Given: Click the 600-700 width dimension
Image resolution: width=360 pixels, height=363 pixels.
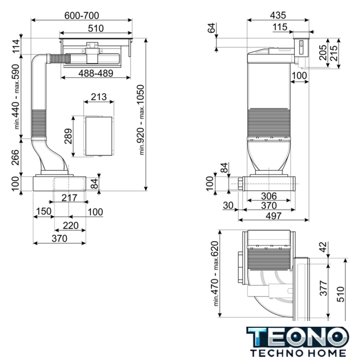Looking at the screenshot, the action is coord(82,15).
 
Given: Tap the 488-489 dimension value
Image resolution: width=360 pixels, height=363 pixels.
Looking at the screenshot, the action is coord(96,73).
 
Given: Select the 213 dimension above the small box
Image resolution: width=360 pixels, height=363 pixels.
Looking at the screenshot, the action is coord(99,97).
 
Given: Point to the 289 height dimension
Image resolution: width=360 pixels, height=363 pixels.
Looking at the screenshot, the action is coord(69,136).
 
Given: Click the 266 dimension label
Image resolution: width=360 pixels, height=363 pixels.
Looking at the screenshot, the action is coord(15,157).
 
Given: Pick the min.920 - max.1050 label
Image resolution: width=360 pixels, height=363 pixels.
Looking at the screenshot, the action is coord(141,120).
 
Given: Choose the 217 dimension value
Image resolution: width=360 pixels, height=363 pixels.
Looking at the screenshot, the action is coord(69,198).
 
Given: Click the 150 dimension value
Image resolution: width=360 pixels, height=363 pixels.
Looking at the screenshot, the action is coord(44,212).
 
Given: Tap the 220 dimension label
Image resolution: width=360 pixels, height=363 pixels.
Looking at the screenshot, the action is coord(70,226).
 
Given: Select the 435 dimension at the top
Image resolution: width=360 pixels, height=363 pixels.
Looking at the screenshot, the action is coord(278,15).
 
